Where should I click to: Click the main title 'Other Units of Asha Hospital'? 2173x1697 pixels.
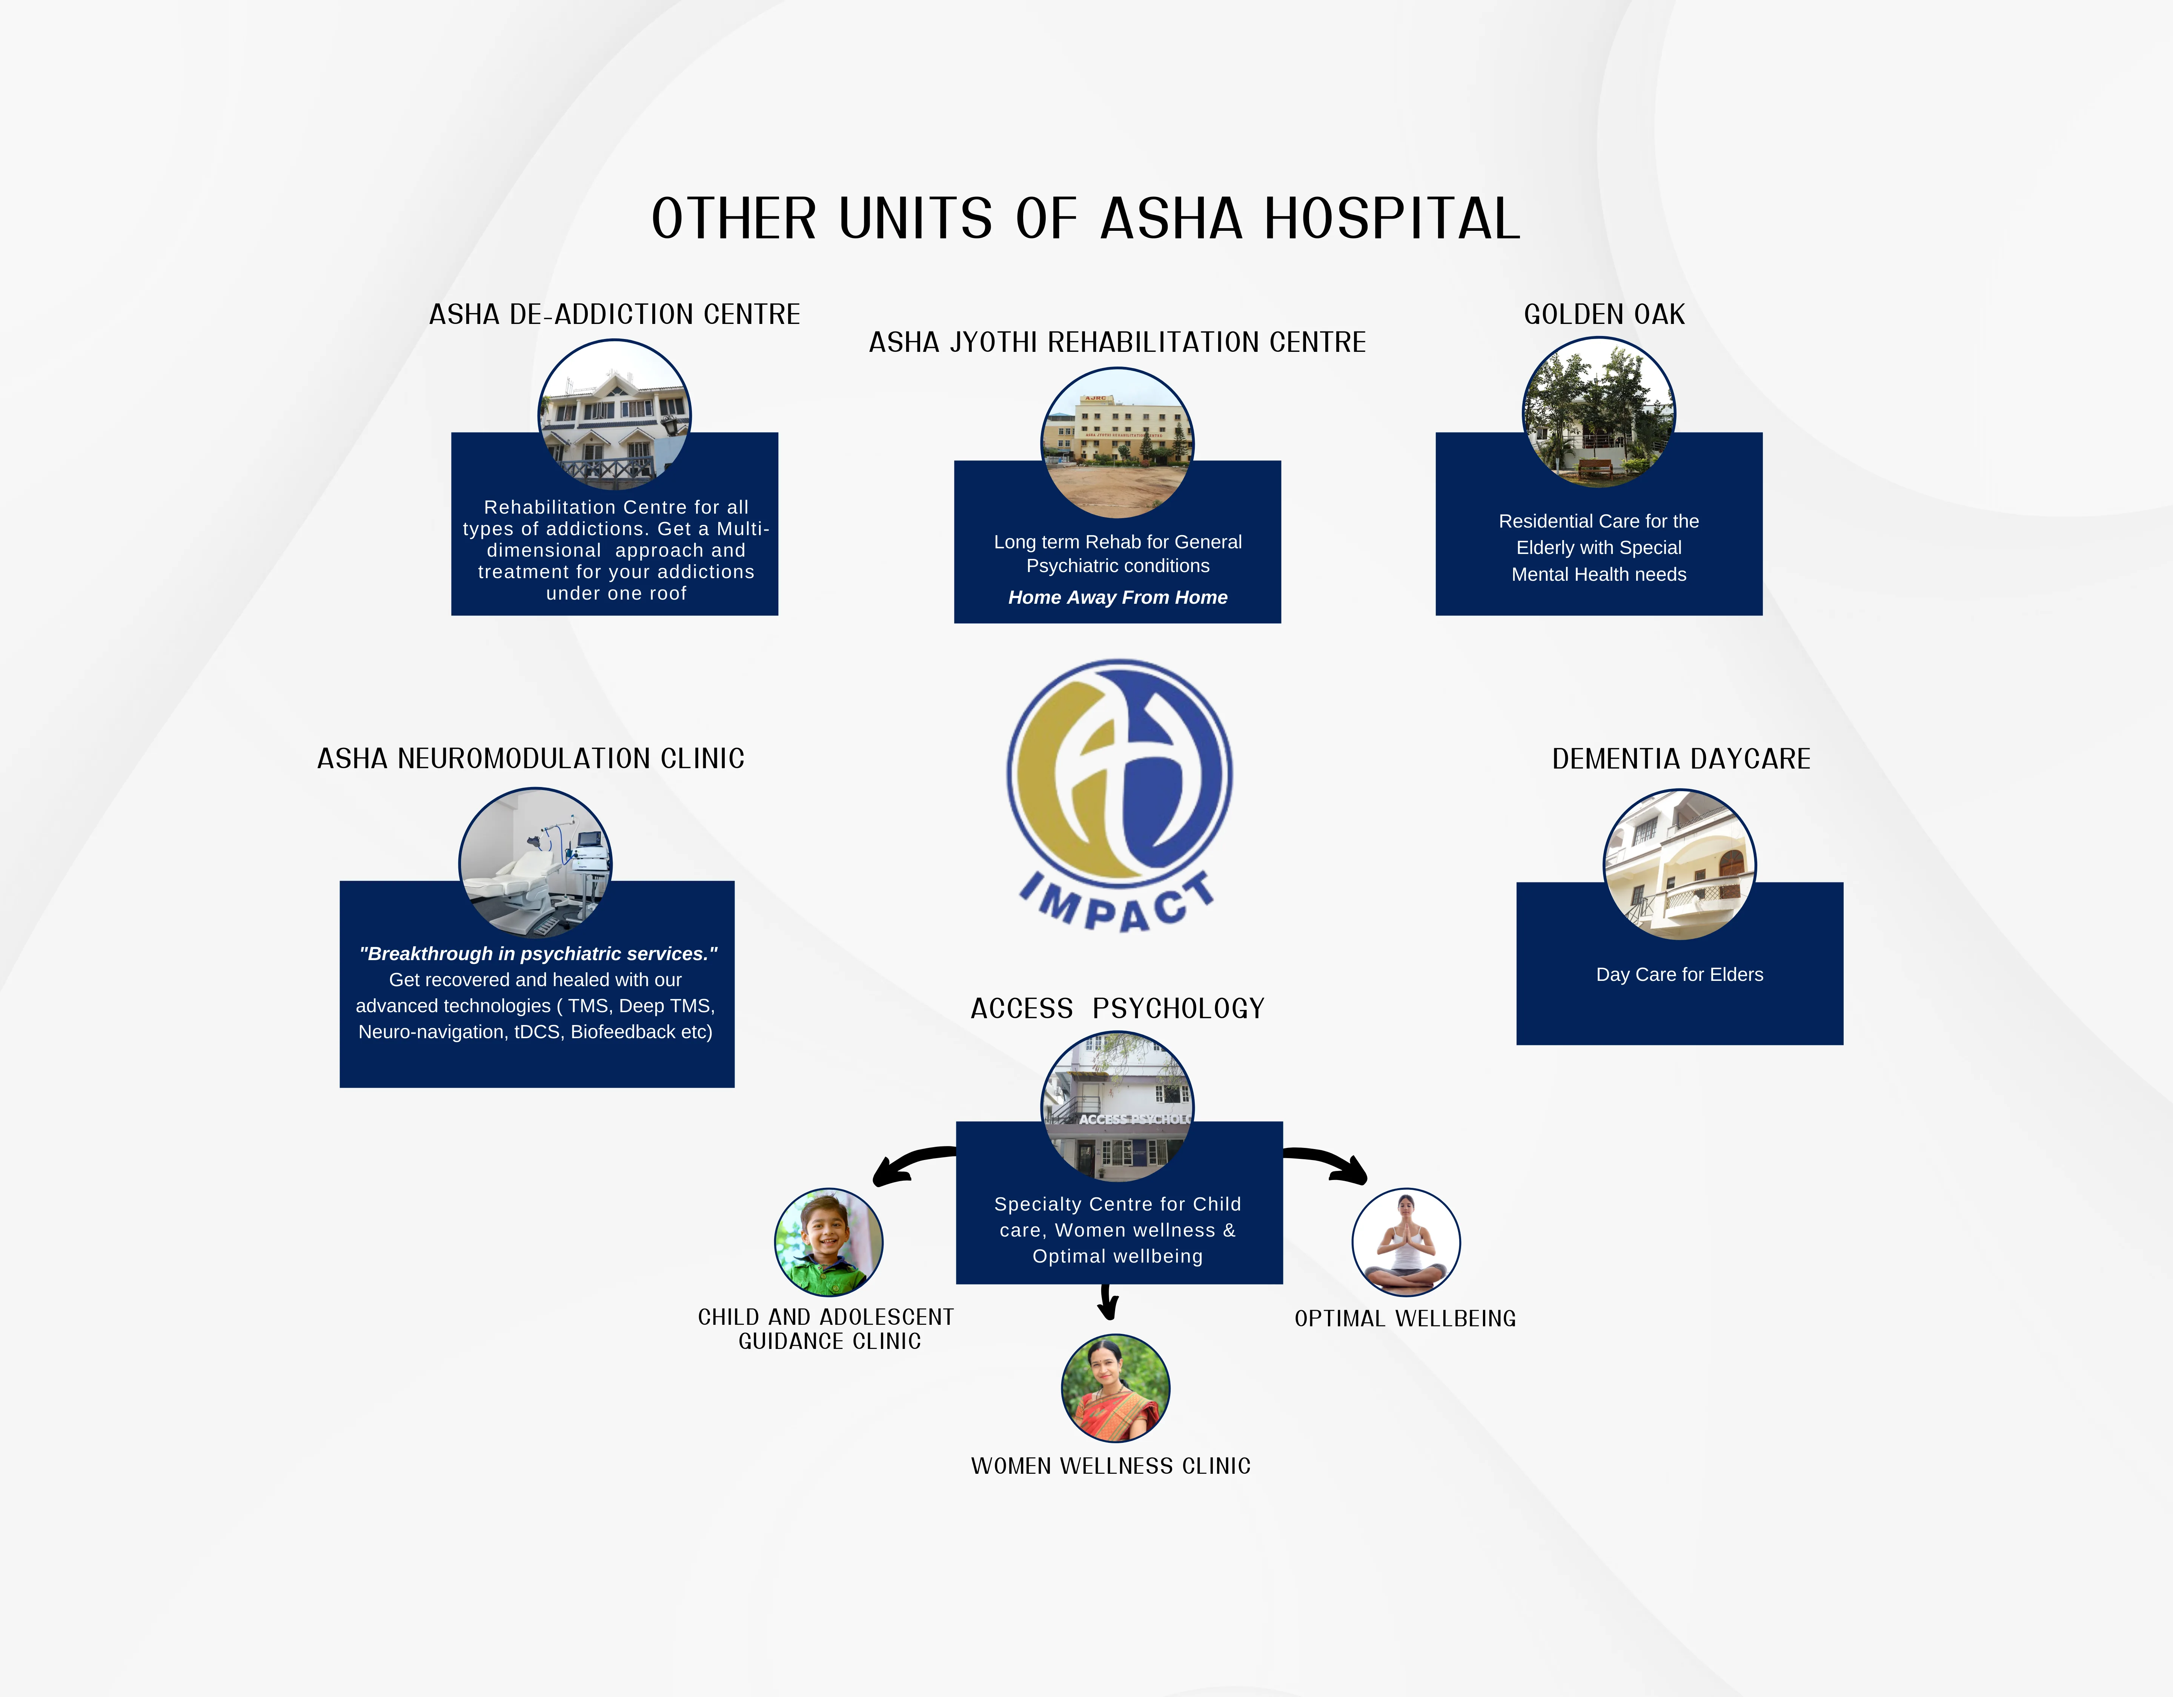click(x=1085, y=219)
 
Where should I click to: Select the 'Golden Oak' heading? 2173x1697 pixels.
click(x=1604, y=315)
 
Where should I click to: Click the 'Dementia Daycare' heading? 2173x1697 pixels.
click(x=1681, y=759)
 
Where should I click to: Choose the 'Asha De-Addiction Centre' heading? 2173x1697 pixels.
click(x=614, y=315)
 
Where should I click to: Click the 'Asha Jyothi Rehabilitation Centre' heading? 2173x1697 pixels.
click(x=1117, y=342)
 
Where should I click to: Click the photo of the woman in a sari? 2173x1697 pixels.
click(x=1115, y=1388)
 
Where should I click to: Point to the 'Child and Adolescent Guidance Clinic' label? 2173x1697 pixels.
click(x=827, y=1329)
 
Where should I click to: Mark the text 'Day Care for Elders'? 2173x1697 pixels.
click(x=1680, y=975)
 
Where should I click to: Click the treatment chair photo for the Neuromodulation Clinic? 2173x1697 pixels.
click(x=535, y=864)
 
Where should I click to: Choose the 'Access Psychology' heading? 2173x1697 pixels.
click(x=1117, y=1009)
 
